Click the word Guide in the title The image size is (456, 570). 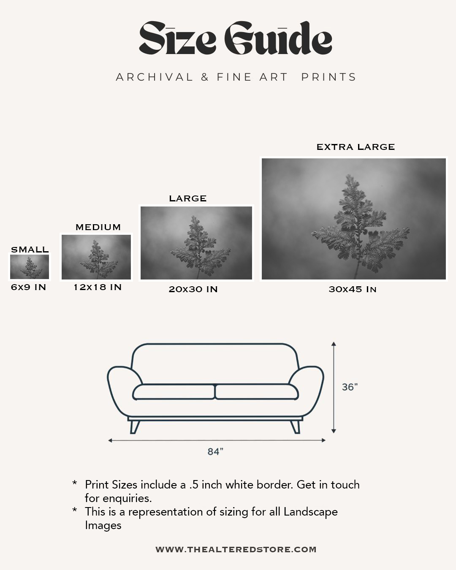click(278, 39)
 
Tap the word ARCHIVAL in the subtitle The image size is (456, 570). click(155, 77)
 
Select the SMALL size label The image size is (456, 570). click(30, 250)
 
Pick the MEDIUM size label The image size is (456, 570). click(98, 227)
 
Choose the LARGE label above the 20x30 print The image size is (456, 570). click(188, 198)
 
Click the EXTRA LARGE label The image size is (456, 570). click(356, 147)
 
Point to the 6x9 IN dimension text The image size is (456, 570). click(29, 287)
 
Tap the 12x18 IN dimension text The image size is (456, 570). click(98, 287)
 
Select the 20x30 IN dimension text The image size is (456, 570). click(193, 289)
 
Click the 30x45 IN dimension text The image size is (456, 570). click(353, 289)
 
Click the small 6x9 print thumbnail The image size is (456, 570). click(30, 267)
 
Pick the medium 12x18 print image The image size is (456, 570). click(97, 257)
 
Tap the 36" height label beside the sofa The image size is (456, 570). click(350, 387)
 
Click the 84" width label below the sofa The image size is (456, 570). click(215, 452)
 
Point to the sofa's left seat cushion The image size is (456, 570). click(174, 392)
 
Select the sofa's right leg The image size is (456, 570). click(295, 426)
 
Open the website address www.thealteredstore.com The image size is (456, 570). click(236, 549)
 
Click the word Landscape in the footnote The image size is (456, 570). click(310, 512)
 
